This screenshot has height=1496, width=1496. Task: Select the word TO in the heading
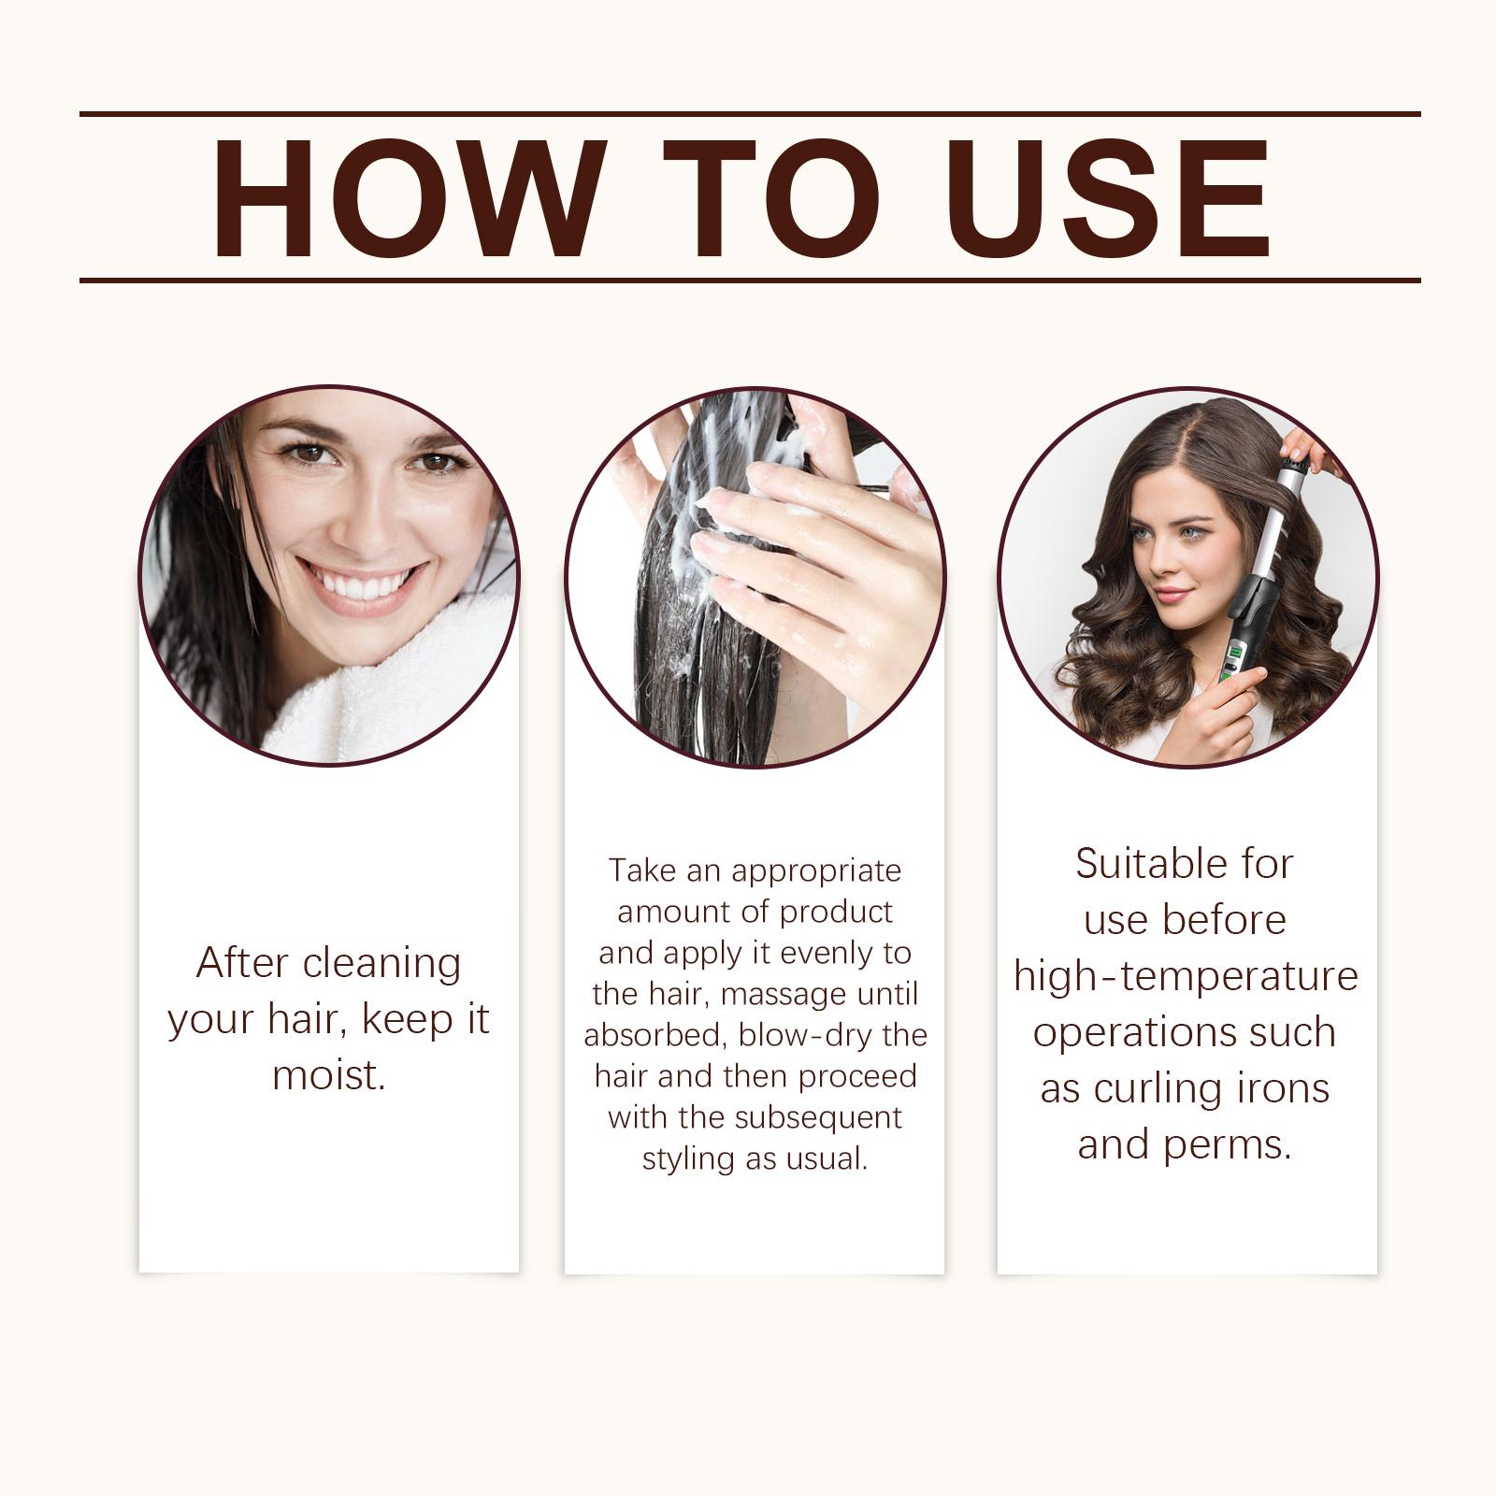[x=772, y=197]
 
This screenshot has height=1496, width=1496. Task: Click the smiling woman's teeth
[x=361, y=584]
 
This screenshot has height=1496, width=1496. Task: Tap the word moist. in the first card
[x=329, y=1075]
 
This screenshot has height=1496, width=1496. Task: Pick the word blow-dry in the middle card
[x=807, y=1035]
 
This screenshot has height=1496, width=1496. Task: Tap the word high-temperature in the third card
[x=1186, y=977]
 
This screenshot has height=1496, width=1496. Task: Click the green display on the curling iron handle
[x=1232, y=654]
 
